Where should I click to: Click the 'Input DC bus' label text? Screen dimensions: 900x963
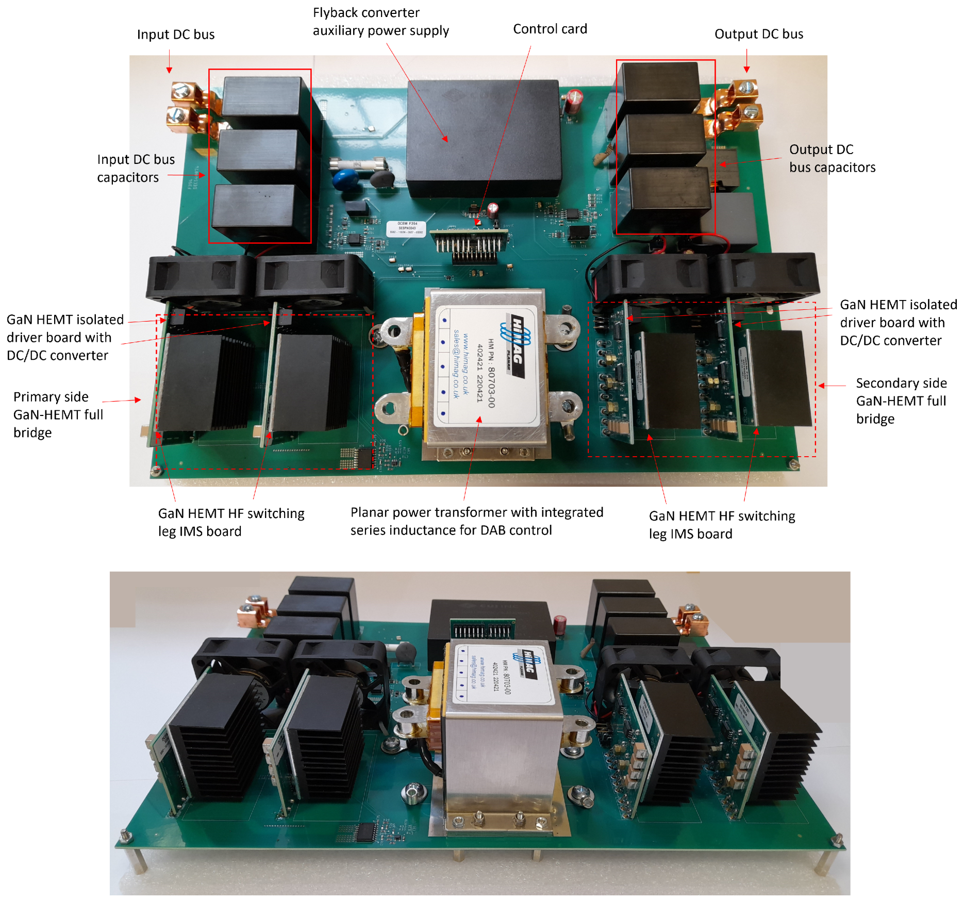point(175,35)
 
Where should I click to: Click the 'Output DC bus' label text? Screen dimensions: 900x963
point(758,34)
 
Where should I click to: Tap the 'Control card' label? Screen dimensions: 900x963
point(550,29)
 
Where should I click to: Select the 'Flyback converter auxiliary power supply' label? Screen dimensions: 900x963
point(380,22)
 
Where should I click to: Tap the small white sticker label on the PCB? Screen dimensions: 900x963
point(406,228)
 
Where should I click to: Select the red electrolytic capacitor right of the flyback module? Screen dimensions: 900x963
point(574,101)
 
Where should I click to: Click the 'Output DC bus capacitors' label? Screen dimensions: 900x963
point(832,158)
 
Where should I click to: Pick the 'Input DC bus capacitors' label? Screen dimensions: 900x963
point(136,168)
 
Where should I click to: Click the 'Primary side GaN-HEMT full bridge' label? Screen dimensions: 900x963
point(58,414)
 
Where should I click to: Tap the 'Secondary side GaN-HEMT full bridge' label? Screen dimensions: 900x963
point(901,401)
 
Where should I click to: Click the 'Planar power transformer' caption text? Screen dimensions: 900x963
point(476,521)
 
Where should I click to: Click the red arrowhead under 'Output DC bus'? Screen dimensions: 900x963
point(746,70)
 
